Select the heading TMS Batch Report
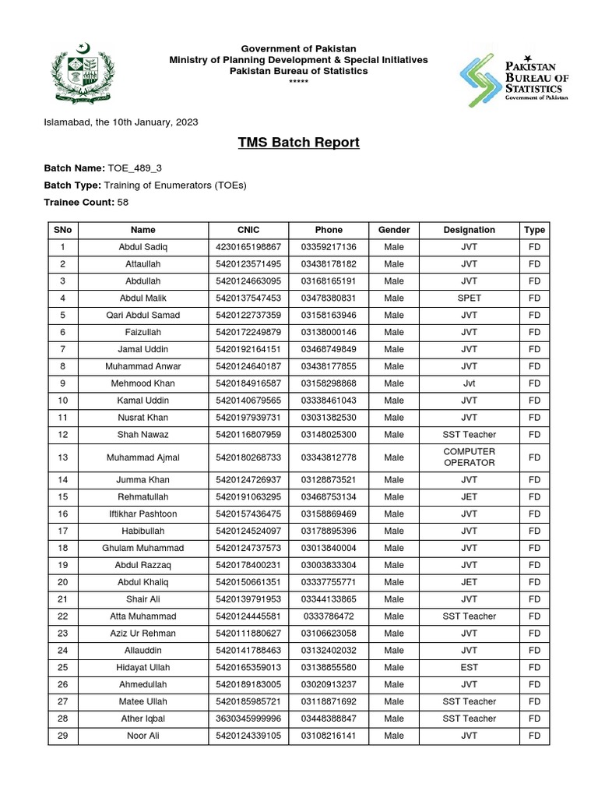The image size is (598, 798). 299,143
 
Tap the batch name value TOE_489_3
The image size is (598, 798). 135,168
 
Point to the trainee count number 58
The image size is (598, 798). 123,202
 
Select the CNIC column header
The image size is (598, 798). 248,230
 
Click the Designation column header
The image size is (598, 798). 469,230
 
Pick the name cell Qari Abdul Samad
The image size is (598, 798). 142,315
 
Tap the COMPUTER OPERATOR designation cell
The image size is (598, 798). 469,457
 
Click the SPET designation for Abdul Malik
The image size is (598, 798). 469,298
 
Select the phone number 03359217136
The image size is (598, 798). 329,247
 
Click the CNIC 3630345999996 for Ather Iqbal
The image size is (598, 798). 248,719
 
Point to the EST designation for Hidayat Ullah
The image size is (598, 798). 469,667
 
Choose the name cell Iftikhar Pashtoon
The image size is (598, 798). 142,514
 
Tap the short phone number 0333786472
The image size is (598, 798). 329,616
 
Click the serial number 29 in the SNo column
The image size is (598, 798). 63,736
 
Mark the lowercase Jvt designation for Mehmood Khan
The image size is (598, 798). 469,383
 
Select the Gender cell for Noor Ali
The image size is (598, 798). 393,736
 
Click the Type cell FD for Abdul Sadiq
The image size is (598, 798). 534,247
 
